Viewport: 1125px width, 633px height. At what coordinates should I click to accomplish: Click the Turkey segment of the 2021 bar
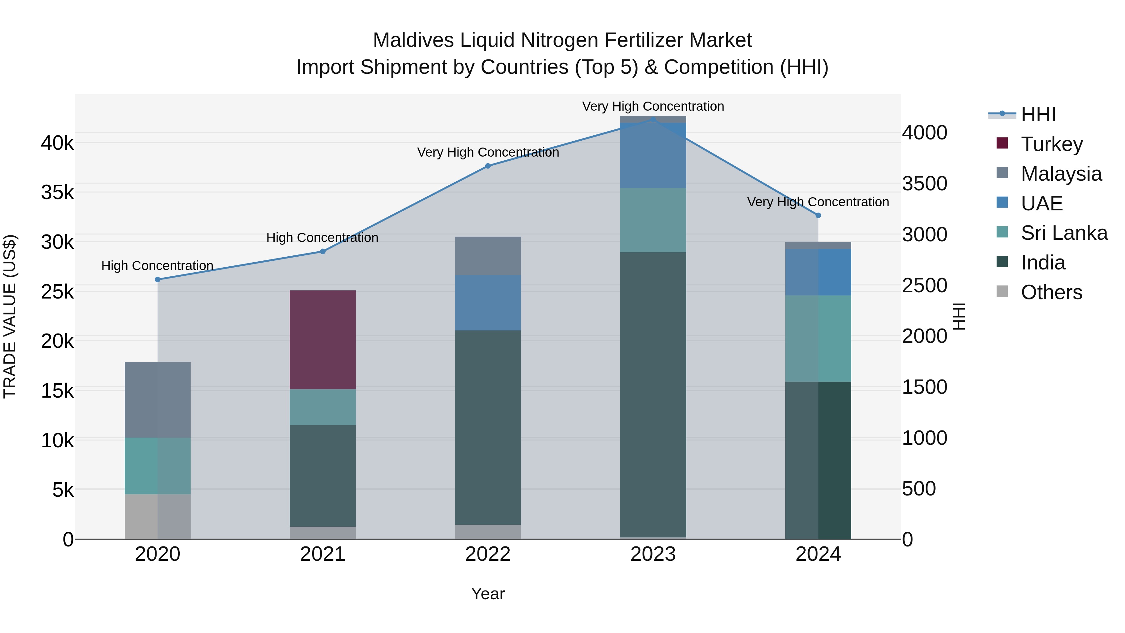[323, 339]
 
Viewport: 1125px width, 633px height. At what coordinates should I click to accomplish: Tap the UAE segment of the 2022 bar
[488, 302]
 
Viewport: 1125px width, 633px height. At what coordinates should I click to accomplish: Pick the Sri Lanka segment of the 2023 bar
[653, 220]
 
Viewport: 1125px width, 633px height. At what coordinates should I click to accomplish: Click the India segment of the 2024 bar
[818, 460]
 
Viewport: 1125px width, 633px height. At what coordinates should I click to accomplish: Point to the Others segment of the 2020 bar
[158, 516]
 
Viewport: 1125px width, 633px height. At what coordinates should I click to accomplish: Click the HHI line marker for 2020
[158, 279]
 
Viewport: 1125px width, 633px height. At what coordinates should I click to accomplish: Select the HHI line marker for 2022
[488, 166]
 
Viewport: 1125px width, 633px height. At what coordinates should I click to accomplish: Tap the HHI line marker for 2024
[818, 215]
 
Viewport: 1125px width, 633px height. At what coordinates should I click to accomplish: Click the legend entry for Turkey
[1052, 144]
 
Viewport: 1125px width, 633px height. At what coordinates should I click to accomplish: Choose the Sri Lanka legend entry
[1064, 233]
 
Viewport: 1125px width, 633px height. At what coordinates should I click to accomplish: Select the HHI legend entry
[1038, 114]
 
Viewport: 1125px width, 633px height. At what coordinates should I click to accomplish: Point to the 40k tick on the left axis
[57, 143]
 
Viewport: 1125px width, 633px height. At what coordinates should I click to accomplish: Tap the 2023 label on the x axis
[653, 554]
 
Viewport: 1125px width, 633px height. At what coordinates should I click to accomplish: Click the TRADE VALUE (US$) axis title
[10, 316]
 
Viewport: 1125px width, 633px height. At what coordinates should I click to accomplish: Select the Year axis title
[488, 594]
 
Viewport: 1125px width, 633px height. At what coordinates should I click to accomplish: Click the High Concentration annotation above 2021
[322, 238]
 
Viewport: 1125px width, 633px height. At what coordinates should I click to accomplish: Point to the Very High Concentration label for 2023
[653, 106]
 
